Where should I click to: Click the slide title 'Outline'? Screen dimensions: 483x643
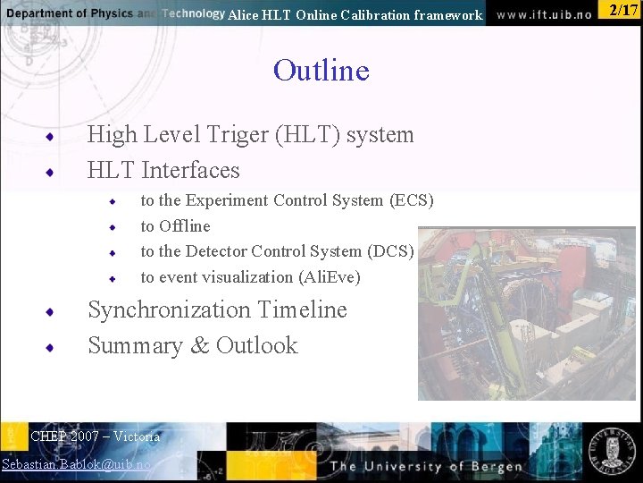click(x=321, y=70)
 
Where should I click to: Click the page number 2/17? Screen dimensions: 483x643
click(x=622, y=11)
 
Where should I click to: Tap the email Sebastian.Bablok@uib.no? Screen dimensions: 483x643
click(x=76, y=464)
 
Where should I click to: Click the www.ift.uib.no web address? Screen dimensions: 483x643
click(x=544, y=14)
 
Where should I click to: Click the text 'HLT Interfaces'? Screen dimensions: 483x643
click(x=163, y=170)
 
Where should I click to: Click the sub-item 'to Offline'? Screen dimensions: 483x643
click(x=175, y=226)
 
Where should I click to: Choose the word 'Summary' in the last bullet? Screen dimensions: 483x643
click(x=135, y=345)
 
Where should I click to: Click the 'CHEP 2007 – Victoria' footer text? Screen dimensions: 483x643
click(x=95, y=436)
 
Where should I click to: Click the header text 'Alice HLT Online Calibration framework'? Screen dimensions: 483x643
click(x=355, y=14)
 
